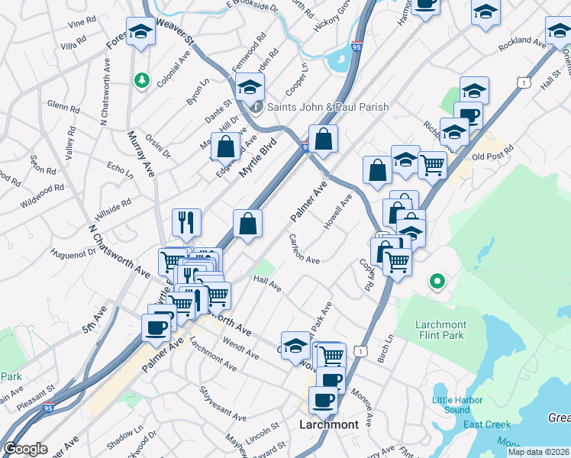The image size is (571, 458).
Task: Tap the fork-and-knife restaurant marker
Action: coord(186,222)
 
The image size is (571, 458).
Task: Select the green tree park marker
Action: coord(140,79)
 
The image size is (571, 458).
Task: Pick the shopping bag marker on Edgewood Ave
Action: coord(226,147)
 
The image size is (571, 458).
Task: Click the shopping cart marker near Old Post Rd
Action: coord(432,163)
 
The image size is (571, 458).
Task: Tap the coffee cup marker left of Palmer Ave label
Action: coord(156,328)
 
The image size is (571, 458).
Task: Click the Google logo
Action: coord(25,449)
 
